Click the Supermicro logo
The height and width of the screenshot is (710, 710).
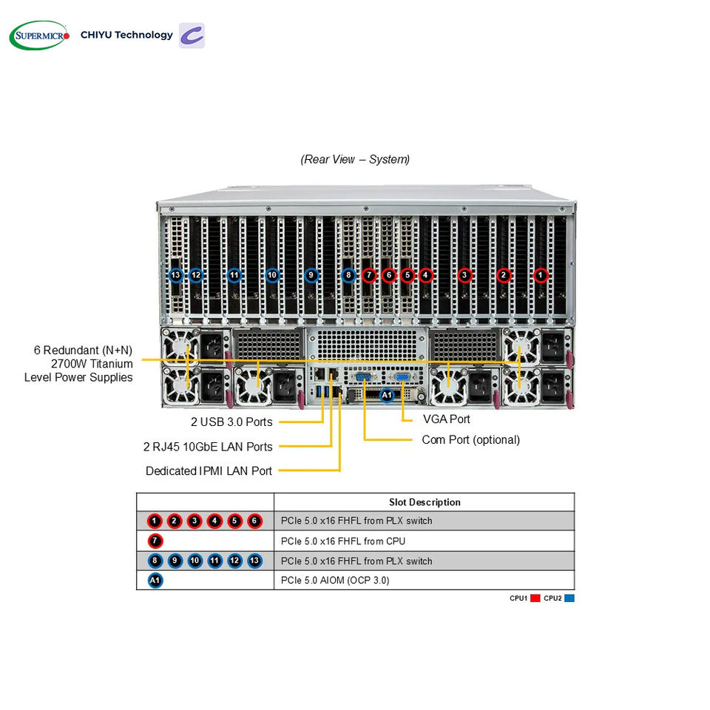point(39,35)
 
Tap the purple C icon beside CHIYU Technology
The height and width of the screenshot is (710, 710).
point(192,35)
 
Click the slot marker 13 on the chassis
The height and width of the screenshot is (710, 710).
point(176,275)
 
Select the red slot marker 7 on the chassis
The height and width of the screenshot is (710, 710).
point(369,275)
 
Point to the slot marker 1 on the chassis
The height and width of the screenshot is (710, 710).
point(540,275)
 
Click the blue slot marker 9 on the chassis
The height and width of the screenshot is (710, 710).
point(311,275)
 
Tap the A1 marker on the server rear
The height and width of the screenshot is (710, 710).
point(387,395)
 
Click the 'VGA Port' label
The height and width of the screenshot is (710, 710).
point(447,419)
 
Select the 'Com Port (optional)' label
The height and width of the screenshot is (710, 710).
point(471,439)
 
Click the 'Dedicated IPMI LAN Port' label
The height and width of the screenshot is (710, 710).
point(209,471)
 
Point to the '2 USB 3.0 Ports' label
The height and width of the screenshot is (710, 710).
point(231,422)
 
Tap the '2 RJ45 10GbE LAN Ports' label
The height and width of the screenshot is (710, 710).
point(208,447)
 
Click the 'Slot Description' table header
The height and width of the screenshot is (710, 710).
point(425,502)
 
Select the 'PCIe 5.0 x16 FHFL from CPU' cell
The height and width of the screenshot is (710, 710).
point(343,541)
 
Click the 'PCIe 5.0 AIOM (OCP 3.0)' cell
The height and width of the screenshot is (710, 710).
point(335,581)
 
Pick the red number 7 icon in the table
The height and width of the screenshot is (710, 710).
point(155,541)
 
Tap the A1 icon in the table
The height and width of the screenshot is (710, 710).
point(155,581)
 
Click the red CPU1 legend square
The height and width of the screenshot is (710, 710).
point(535,598)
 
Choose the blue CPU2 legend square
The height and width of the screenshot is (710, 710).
point(569,598)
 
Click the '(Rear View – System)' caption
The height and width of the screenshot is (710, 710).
point(355,160)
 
